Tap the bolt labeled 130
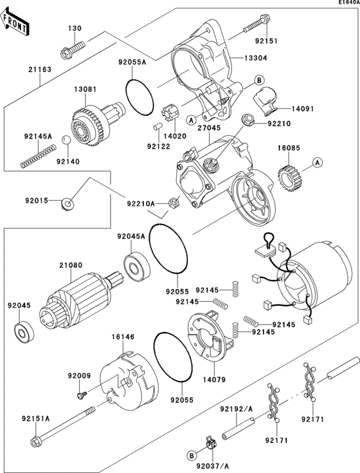[x=73, y=48]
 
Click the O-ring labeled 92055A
[x=139, y=95]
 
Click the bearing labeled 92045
[x=25, y=333]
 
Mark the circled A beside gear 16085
[x=318, y=163]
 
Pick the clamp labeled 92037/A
[x=208, y=443]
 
